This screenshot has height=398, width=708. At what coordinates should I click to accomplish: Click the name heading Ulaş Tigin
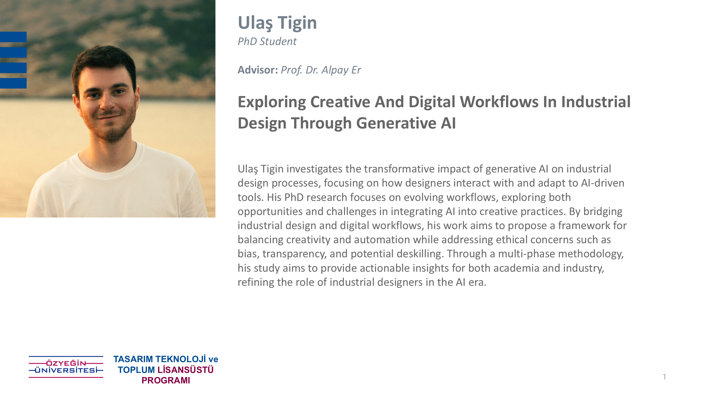(x=277, y=23)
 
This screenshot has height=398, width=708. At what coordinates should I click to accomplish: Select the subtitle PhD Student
(x=267, y=41)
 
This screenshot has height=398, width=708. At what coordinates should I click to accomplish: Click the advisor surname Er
(x=356, y=70)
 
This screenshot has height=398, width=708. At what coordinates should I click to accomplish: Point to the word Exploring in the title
(x=272, y=102)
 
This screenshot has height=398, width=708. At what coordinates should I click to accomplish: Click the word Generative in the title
(x=396, y=123)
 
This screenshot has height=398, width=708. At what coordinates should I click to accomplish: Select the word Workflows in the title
(x=499, y=102)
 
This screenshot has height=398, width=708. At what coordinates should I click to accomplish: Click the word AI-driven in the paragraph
(x=603, y=183)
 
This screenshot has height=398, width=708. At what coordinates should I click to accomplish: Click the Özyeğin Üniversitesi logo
(x=66, y=367)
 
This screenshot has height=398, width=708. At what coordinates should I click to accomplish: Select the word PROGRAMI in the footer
(x=166, y=381)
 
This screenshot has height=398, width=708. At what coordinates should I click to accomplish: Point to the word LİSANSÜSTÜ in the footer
(x=186, y=370)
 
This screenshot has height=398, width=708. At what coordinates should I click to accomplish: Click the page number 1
(x=664, y=377)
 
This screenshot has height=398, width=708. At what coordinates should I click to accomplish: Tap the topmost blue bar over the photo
(x=13, y=37)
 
